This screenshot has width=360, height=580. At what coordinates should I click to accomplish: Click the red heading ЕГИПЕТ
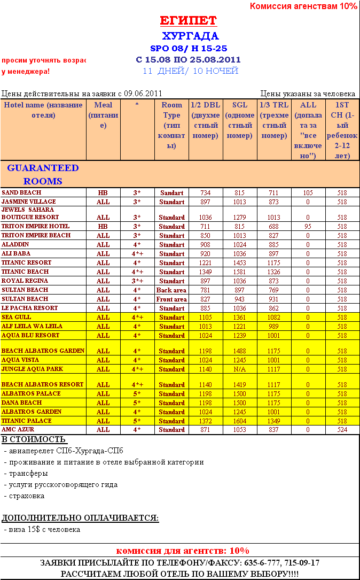[x=189, y=21]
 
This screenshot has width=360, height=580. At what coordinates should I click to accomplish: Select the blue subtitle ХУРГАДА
[x=190, y=36]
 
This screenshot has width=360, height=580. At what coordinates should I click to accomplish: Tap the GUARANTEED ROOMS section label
[x=43, y=174]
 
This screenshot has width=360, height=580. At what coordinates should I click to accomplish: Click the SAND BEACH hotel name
[x=21, y=192]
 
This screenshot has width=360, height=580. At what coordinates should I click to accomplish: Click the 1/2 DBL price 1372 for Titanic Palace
[x=206, y=421]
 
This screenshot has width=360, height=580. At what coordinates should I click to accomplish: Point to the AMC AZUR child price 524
[x=342, y=430]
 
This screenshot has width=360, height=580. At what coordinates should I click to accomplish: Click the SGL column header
[x=240, y=120]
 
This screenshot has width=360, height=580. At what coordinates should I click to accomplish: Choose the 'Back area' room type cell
[x=171, y=290]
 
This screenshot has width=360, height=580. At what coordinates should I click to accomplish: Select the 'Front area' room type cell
[x=171, y=299]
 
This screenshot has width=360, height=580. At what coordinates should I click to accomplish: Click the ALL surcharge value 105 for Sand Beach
[x=308, y=192]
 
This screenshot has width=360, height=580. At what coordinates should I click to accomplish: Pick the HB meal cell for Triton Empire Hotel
[x=103, y=227]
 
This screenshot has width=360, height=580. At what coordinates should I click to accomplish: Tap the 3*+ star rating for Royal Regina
[x=137, y=281]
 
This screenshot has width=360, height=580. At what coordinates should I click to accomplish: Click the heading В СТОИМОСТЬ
[x=34, y=440]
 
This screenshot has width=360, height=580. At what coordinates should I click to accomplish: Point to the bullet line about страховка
[x=26, y=496]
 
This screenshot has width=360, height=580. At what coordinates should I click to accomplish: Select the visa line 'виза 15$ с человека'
[x=42, y=529]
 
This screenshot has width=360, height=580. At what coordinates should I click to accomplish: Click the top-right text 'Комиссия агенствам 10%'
[x=303, y=6]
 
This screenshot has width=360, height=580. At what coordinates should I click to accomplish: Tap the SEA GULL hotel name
[x=17, y=318]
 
